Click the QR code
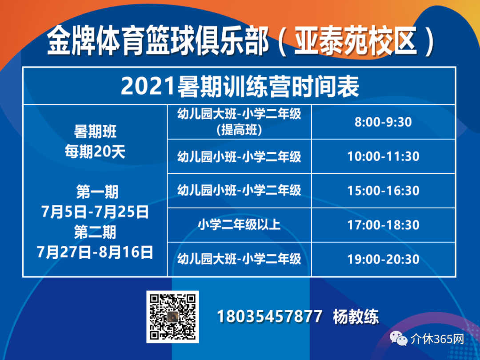(x=172, y=317)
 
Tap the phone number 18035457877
(x=269, y=316)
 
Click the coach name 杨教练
(x=356, y=316)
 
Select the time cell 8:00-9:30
(x=383, y=122)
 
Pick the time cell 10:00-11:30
(x=383, y=156)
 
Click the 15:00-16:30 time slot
(x=383, y=191)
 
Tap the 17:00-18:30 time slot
(x=383, y=225)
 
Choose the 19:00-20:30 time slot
(x=383, y=259)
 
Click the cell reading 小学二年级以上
(x=239, y=225)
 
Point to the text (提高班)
(x=239, y=130)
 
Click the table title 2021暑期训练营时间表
(x=240, y=87)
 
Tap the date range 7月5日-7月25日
(x=95, y=212)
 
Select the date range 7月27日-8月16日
(x=95, y=252)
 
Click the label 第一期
(x=97, y=192)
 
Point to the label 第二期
(x=95, y=232)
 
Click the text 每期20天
(x=95, y=152)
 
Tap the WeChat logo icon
(x=398, y=339)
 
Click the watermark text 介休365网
(x=437, y=339)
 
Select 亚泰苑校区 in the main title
(x=356, y=41)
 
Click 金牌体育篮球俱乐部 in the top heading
(x=158, y=41)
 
